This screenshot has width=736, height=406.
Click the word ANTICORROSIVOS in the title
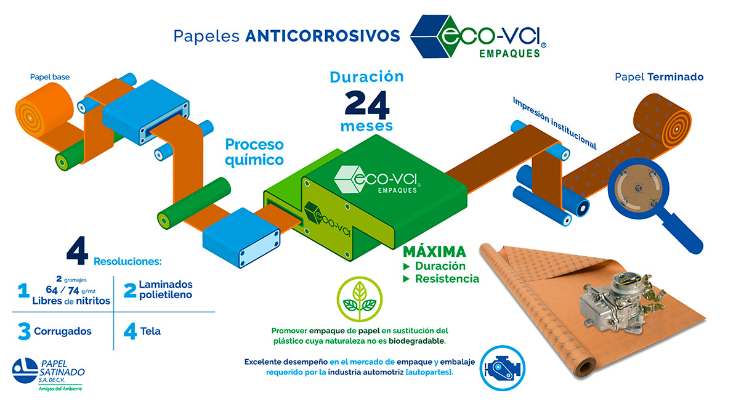pyautogui.click(x=323, y=36)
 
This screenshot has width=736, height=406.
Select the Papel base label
pyautogui.click(x=50, y=77)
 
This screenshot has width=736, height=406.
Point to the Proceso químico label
pyautogui.click(x=254, y=152)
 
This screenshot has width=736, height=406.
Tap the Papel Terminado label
pyautogui.click(x=659, y=77)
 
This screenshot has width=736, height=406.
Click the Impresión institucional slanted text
pyautogui.click(x=554, y=123)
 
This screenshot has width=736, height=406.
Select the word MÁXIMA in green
pyautogui.click(x=435, y=252)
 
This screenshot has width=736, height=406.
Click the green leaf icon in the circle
pyautogui.click(x=360, y=299)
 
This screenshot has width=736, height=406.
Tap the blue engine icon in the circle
pyautogui.click(x=502, y=368)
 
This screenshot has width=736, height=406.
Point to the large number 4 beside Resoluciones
pyautogui.click(x=78, y=251)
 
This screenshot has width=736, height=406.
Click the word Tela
pyautogui.click(x=150, y=331)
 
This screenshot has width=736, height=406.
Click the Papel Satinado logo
pyautogui.click(x=48, y=374)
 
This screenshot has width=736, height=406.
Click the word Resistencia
pyautogui.click(x=447, y=279)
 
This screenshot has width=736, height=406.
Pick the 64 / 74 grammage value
pyautogui.click(x=62, y=290)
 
